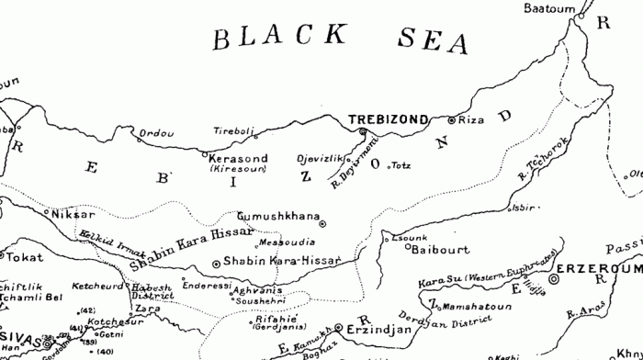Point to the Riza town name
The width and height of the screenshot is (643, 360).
tap(469, 119)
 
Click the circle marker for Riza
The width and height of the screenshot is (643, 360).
tap(451, 120)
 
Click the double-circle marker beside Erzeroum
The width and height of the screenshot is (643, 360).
tap(554, 277)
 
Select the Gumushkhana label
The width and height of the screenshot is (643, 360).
tap(276, 215)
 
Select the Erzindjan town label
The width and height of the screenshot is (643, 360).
tap(374, 328)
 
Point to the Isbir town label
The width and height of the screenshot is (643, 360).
tap(524, 207)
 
